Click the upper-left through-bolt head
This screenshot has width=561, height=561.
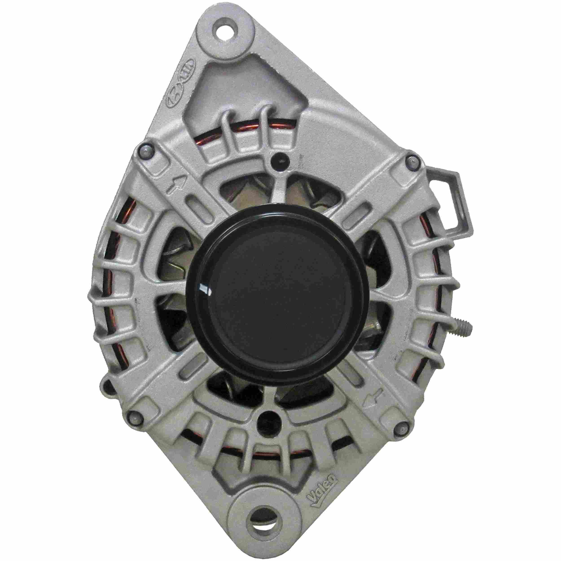click(x=146, y=151)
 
